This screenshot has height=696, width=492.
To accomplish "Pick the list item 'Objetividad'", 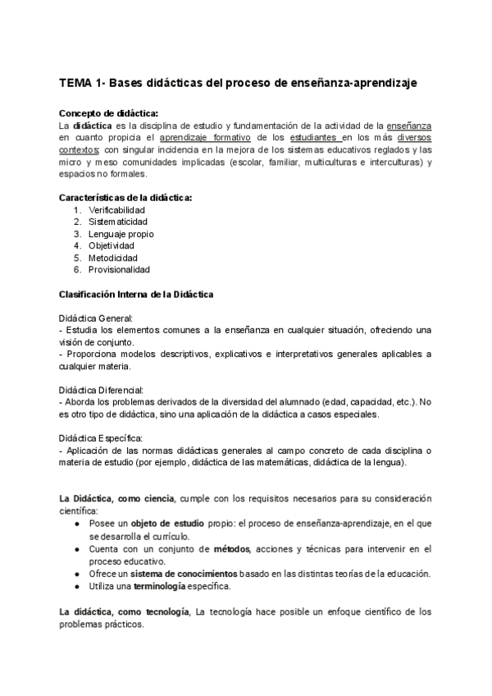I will pos(112,245).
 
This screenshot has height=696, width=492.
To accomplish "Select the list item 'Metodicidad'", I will pos(113,257).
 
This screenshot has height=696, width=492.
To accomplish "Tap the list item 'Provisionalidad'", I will pos(120,268).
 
